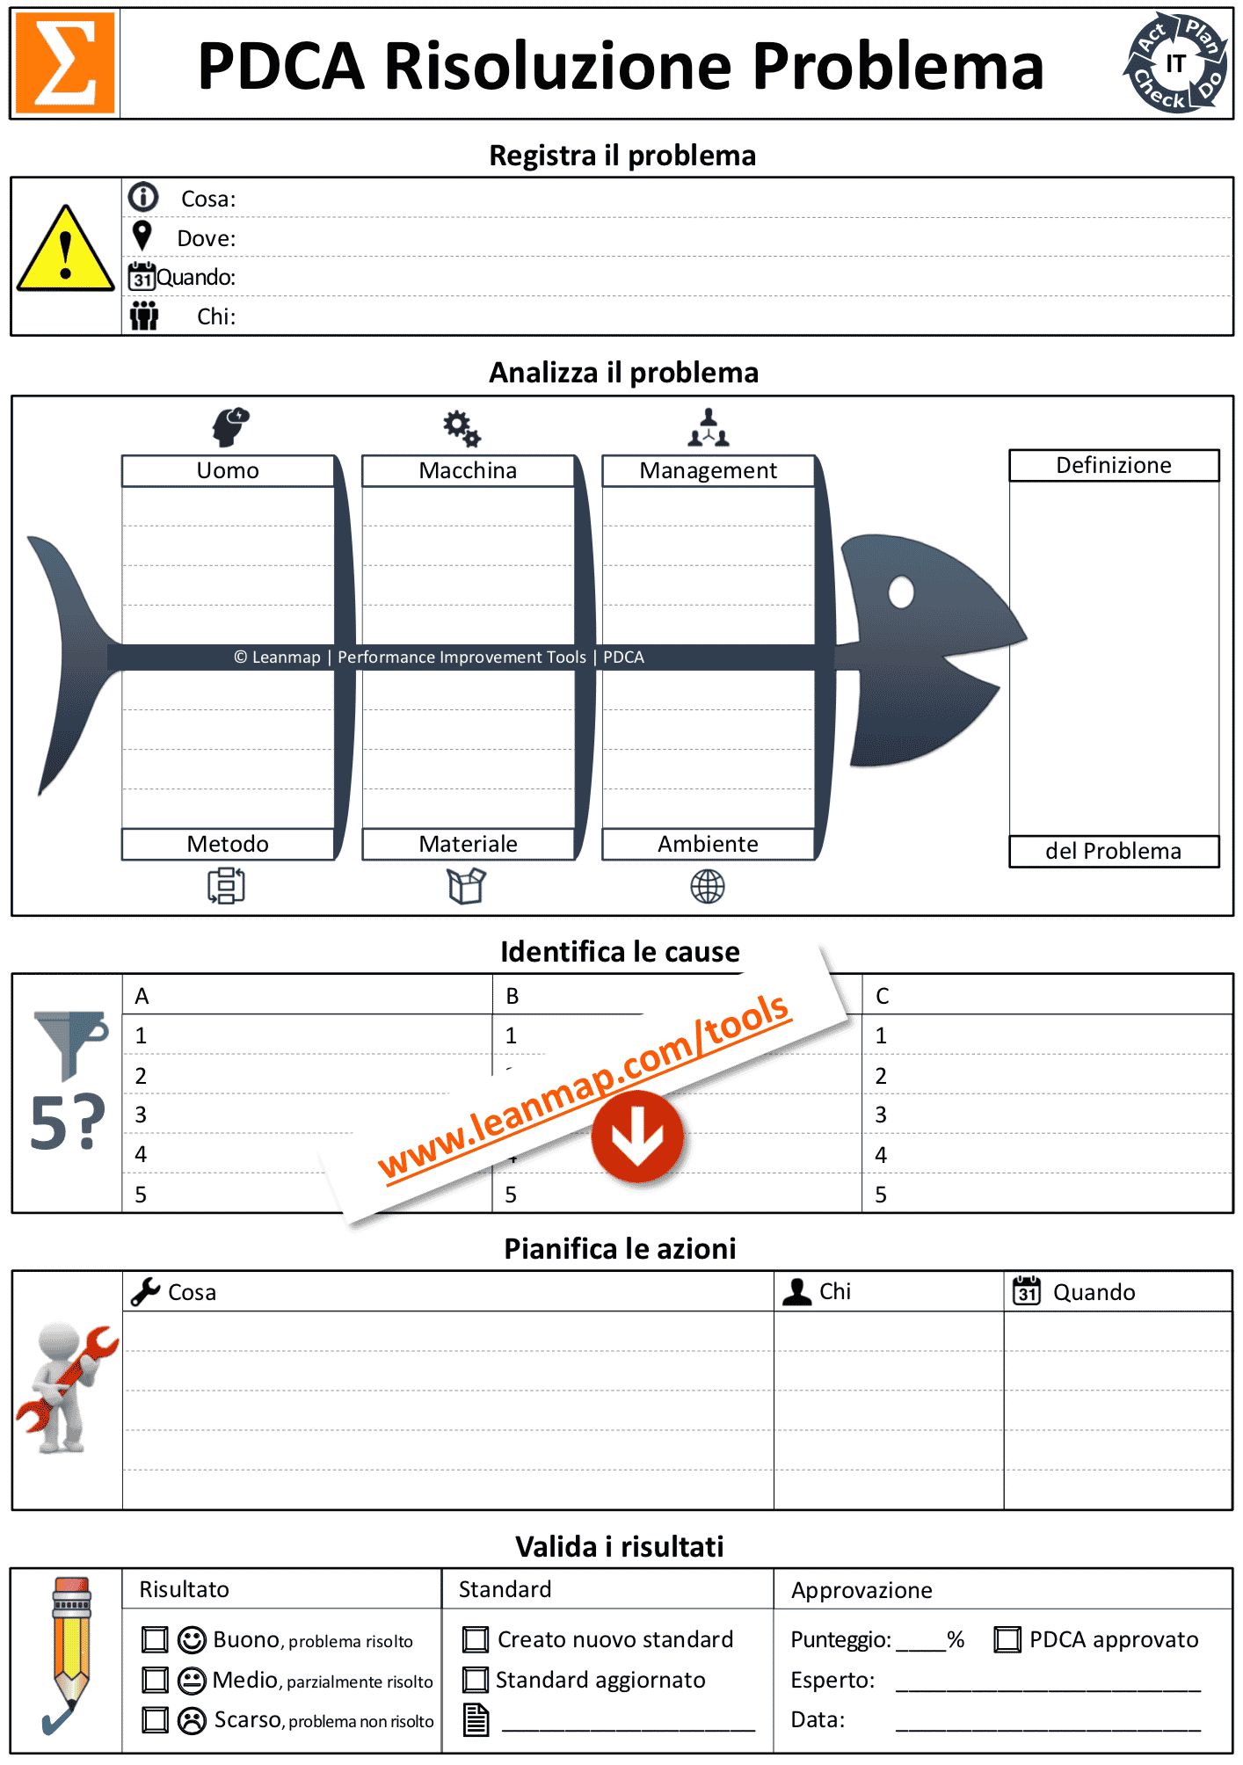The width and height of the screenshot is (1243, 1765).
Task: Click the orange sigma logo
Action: coord(65,63)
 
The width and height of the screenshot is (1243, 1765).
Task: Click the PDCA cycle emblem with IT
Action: coord(1175,63)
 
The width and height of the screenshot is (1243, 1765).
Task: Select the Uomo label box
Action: coord(228,470)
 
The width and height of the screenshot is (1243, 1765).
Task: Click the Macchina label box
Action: coord(468,470)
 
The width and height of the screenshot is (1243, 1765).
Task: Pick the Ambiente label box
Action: coord(708,844)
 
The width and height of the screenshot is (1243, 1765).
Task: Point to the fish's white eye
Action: coord(901,592)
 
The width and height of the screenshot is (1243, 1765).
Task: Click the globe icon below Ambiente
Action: coord(708,887)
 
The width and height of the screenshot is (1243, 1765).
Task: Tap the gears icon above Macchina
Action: coord(462,428)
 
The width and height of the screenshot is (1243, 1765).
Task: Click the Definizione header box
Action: coord(1113,465)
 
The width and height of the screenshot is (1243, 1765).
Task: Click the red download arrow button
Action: coord(637,1136)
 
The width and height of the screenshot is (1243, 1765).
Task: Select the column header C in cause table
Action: coord(883,996)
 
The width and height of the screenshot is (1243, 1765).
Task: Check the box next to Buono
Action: coord(155,1639)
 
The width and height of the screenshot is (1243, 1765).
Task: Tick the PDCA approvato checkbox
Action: coord(1007,1639)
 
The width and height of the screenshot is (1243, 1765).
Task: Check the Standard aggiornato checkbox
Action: coord(476,1680)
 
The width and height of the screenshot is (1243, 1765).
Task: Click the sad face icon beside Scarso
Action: coord(192,1720)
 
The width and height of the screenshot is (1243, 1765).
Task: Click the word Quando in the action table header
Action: coord(1094,1292)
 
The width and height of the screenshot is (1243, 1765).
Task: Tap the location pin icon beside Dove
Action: coord(142,236)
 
